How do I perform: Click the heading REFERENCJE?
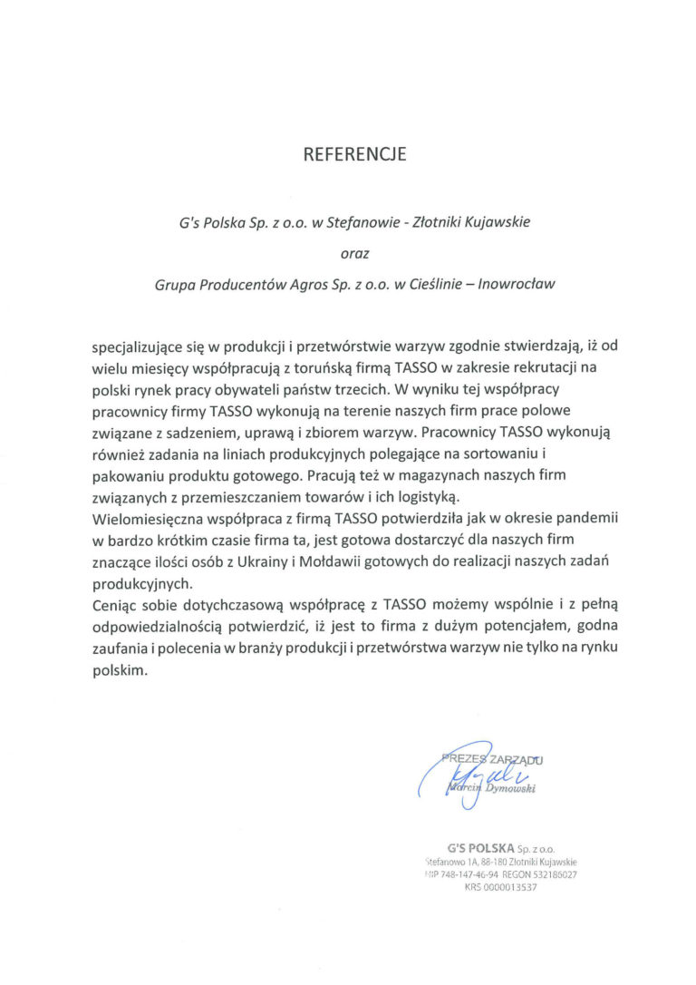[x=354, y=154]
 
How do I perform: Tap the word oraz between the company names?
[x=354, y=253]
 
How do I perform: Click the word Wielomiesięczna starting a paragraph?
[x=151, y=519]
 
